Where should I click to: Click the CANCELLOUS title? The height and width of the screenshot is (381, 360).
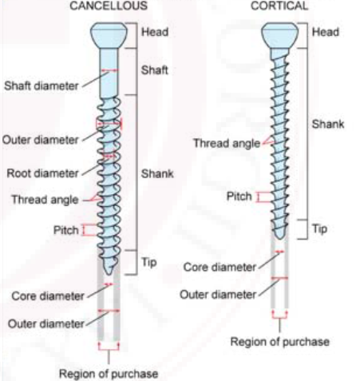tap(109, 6)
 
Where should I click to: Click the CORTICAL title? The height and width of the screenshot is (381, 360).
tap(279, 6)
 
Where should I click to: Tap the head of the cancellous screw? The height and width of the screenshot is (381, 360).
tap(109, 35)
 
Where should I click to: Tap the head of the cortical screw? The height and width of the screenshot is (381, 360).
tap(279, 35)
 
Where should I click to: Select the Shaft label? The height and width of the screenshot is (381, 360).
tap(154, 70)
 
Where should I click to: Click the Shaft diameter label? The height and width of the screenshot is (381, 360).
tap(42, 86)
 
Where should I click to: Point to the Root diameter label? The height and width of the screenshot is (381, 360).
tap(42, 173)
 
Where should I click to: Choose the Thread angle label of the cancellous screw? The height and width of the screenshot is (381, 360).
tap(45, 200)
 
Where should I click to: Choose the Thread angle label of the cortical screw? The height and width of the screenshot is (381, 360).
tap(227, 143)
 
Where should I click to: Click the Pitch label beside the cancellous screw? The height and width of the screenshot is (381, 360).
tap(66, 230)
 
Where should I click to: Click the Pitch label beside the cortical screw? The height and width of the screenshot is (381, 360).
tap(239, 196)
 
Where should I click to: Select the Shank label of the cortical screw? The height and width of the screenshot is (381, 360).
tap(328, 124)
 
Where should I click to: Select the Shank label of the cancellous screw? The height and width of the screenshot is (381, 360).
tap(157, 174)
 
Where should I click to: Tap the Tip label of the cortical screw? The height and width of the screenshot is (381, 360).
tap(319, 229)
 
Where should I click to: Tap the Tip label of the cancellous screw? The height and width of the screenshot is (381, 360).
tap(148, 262)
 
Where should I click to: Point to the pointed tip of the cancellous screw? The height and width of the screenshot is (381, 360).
tap(109, 275)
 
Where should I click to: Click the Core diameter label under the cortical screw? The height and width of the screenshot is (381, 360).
tap(220, 267)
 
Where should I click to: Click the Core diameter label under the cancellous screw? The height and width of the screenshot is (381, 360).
tap(48, 296)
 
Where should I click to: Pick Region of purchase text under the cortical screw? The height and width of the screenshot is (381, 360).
tap(279, 342)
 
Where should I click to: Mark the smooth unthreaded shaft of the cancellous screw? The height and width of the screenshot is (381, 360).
tap(109, 73)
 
